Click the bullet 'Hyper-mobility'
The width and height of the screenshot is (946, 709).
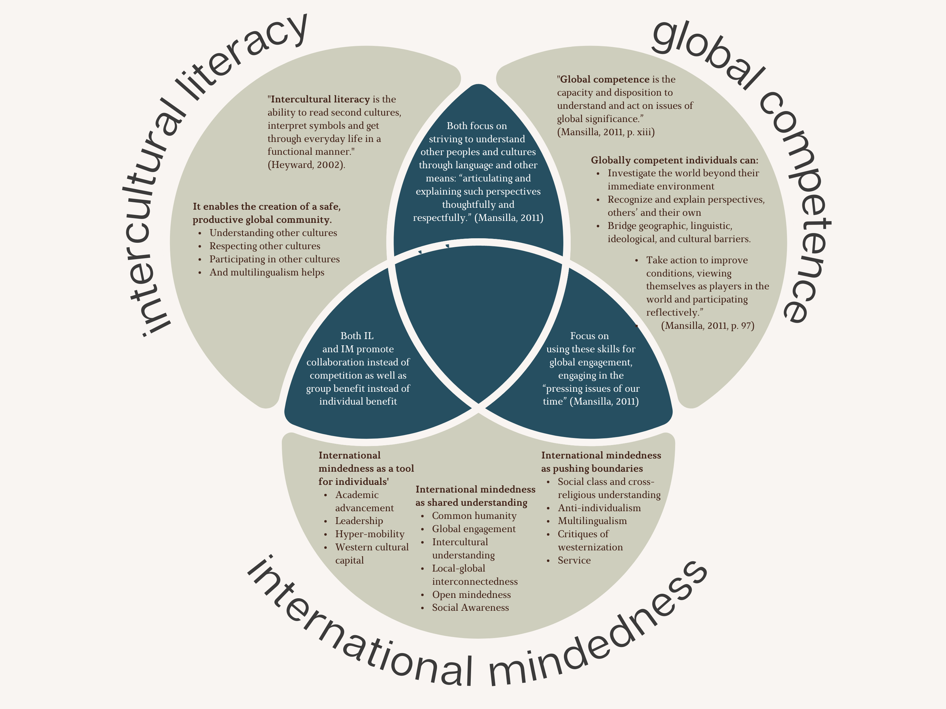coord(369,534)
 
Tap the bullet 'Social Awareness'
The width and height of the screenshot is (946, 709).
coord(470,607)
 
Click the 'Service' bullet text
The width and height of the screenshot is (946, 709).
coord(574,560)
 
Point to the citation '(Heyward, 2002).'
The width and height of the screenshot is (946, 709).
coord(306,164)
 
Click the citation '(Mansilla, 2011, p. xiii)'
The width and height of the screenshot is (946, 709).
coord(605,132)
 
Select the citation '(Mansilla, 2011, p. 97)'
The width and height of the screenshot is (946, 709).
coord(707,326)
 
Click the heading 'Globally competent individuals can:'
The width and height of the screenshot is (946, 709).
coord(674,160)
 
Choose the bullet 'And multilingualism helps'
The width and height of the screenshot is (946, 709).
coord(266,272)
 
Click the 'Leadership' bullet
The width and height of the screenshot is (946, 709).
coord(359,521)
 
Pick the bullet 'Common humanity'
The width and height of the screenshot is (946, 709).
coord(474,515)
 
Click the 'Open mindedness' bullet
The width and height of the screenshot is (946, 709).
coord(471,594)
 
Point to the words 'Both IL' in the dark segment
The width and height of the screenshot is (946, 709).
coord(357,336)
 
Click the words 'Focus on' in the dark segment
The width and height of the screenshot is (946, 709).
coord(589,336)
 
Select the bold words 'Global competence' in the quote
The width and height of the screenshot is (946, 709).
coord(605,79)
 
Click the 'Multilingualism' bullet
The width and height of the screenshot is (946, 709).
coord(592,521)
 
